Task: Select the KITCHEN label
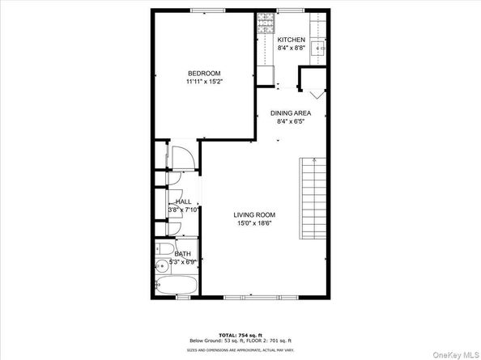[291, 40]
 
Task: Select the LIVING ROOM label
[254, 214]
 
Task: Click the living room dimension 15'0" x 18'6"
[254, 224]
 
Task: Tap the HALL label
[183, 202]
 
